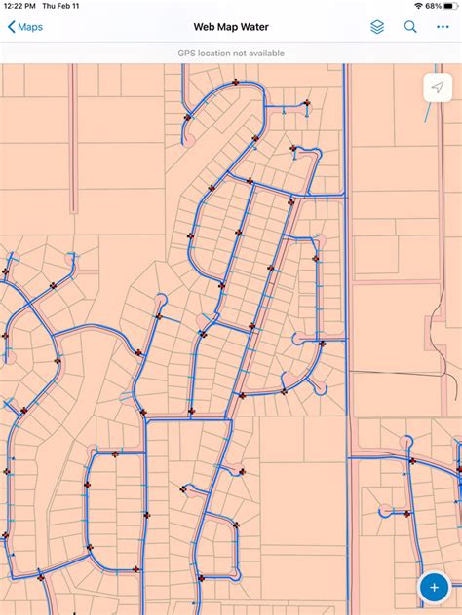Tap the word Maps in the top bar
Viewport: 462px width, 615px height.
pyautogui.click(x=30, y=27)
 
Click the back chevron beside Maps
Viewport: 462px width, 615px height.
pyautogui.click(x=11, y=27)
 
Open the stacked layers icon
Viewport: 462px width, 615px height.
pyautogui.click(x=377, y=27)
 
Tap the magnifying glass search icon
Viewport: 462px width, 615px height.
pyautogui.click(x=410, y=27)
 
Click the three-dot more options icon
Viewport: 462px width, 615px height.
pyautogui.click(x=443, y=27)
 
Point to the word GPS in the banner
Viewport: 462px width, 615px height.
pyautogui.click(x=187, y=54)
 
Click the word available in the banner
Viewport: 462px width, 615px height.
pyautogui.click(x=264, y=54)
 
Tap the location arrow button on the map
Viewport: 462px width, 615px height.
pyautogui.click(x=438, y=88)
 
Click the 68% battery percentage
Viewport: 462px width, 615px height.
pyautogui.click(x=432, y=6)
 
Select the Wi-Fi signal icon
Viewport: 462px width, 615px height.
pyautogui.click(x=417, y=6)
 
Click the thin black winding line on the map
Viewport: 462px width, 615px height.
pyautogui.click(x=443, y=365)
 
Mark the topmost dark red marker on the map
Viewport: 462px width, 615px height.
pyautogui.click(x=235, y=83)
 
